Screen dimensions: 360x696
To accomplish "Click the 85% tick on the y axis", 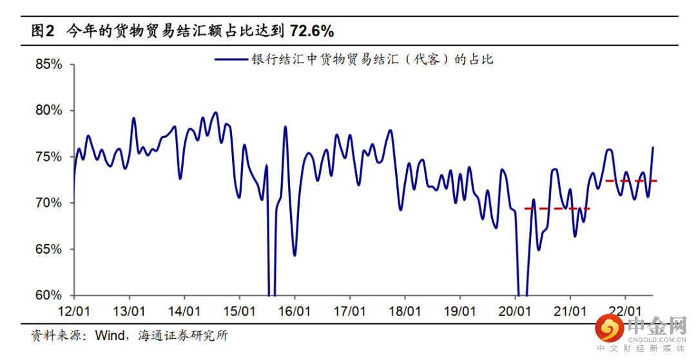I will pyautogui.click(x=48, y=65).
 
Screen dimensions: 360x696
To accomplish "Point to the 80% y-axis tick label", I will pyautogui.click(x=48, y=111).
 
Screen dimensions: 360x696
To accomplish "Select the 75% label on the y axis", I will pyautogui.click(x=48, y=157).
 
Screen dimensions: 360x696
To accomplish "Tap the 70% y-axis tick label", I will pyautogui.click(x=48, y=203).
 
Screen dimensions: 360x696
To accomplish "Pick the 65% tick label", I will pyautogui.click(x=48, y=249).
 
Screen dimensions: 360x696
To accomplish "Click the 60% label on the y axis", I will pyautogui.click(x=48, y=296).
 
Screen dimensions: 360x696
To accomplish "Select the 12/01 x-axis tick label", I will pyautogui.click(x=74, y=312).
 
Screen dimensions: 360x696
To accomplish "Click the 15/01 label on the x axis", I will pyautogui.click(x=239, y=312).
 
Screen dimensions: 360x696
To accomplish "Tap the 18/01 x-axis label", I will pyautogui.click(x=404, y=312).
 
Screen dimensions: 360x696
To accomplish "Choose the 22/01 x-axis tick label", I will pyautogui.click(x=624, y=312).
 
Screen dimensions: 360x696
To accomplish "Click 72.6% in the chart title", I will pyautogui.click(x=312, y=31).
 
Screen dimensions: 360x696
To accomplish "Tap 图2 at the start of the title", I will pyautogui.click(x=43, y=31).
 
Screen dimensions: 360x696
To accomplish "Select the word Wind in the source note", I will pyautogui.click(x=111, y=336).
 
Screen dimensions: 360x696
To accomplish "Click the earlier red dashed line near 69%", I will pyautogui.click(x=557, y=209).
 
